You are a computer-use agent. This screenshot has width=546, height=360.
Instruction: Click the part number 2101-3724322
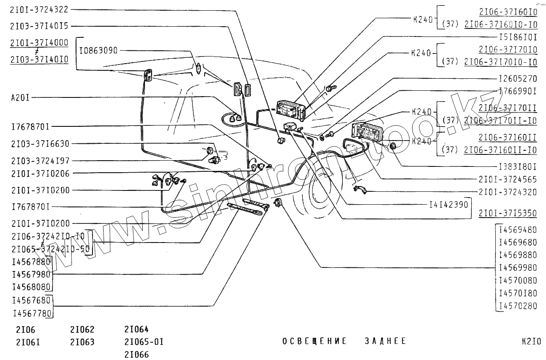(x=40, y=9)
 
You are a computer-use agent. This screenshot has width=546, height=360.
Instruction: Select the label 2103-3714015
(x=40, y=26)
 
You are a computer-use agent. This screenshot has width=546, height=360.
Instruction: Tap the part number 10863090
(x=98, y=51)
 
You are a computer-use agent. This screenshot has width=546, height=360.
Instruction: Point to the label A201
(x=20, y=97)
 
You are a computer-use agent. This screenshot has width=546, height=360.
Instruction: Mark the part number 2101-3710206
(x=40, y=174)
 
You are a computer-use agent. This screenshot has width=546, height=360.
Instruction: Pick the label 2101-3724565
(x=508, y=179)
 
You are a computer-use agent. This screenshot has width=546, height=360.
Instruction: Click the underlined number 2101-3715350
(x=508, y=213)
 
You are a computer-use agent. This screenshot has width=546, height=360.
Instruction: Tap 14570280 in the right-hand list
(x=518, y=306)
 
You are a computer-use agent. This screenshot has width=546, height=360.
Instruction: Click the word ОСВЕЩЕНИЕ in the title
(x=314, y=341)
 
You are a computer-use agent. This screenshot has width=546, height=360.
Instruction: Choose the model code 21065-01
(x=144, y=342)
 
